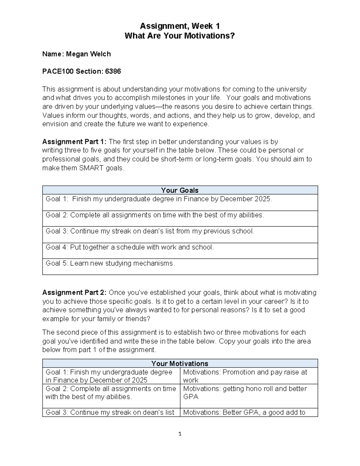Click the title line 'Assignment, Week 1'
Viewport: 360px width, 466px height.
point(180,26)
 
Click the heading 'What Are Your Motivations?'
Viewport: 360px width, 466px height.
point(180,36)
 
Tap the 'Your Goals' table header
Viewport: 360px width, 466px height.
point(180,190)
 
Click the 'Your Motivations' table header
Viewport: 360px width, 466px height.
point(180,363)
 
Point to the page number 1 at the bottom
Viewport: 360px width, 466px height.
point(180,434)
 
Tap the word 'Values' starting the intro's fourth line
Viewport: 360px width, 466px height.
point(51,116)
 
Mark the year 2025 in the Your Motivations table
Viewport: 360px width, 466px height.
point(139,380)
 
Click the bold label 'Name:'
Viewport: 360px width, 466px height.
point(53,54)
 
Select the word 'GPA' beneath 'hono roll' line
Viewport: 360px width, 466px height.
point(191,397)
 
